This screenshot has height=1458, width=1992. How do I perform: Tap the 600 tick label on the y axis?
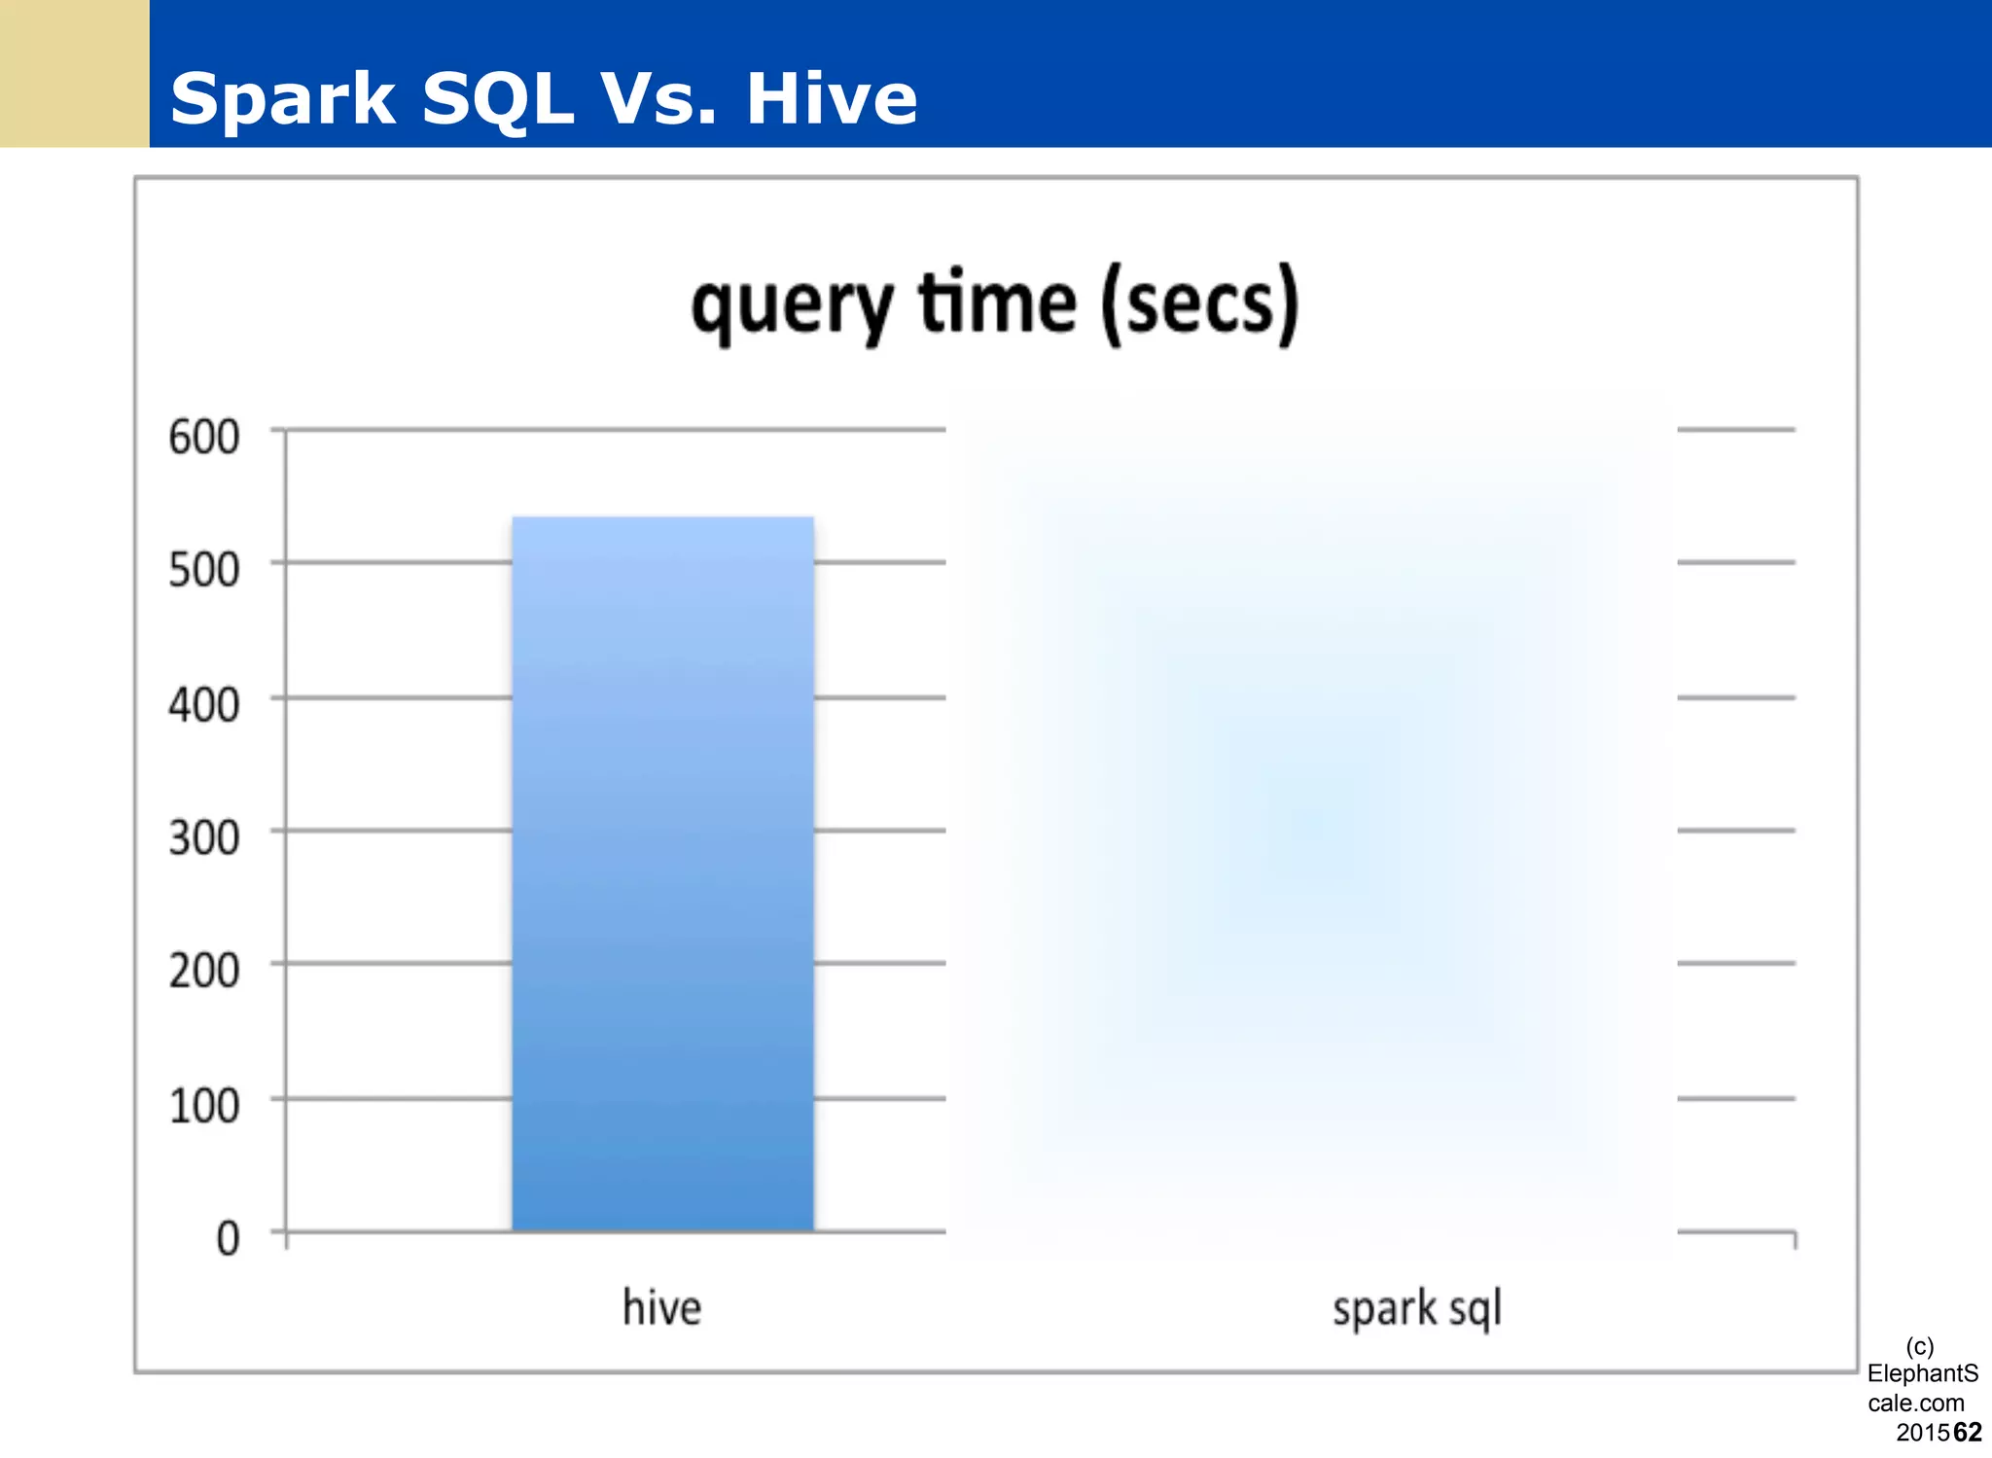click(203, 437)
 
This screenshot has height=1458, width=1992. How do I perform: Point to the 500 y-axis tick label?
click(203, 570)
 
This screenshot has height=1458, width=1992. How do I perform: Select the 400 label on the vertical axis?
click(203, 704)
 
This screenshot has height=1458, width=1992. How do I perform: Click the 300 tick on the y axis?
click(203, 837)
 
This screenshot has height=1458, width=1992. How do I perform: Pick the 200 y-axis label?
click(203, 971)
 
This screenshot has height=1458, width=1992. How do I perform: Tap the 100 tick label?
click(203, 1106)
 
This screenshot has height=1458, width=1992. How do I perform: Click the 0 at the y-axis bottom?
click(228, 1239)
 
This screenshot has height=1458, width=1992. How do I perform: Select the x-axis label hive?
click(661, 1307)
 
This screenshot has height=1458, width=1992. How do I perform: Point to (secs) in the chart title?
click(1200, 304)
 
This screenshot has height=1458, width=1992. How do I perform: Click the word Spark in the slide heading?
click(283, 99)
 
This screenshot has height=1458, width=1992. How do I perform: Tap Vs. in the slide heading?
click(658, 99)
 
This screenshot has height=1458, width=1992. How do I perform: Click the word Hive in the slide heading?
click(832, 99)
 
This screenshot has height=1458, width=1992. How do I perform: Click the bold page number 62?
click(1967, 1432)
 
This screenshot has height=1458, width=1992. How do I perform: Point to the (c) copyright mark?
click(1919, 1346)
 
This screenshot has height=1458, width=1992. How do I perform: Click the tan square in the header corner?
click(74, 73)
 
